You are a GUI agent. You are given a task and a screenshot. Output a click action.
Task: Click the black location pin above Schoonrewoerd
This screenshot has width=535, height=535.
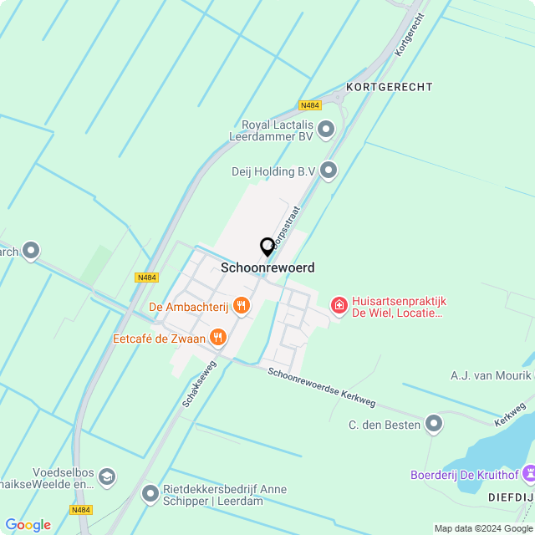pyautogui.click(x=267, y=247)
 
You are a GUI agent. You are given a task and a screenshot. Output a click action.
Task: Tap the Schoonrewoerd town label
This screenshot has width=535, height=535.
pyautogui.click(x=267, y=267)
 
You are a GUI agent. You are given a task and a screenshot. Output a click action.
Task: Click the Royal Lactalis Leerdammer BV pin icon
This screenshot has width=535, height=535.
pyautogui.click(x=327, y=130)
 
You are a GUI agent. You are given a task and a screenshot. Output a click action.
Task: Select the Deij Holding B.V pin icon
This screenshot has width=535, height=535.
pyautogui.click(x=329, y=171)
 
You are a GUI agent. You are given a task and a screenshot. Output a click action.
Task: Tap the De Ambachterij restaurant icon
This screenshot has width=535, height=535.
pyautogui.click(x=242, y=306)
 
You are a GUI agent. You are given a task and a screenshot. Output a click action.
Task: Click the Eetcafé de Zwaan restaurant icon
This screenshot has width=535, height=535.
pyautogui.click(x=218, y=338)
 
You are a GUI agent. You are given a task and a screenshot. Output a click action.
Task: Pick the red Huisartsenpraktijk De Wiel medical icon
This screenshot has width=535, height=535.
pyautogui.click(x=339, y=307)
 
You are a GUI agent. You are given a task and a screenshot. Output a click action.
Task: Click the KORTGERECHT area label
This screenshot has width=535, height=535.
pyautogui.click(x=389, y=87)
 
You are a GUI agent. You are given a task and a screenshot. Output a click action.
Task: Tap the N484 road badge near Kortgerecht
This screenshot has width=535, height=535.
pyautogui.click(x=309, y=105)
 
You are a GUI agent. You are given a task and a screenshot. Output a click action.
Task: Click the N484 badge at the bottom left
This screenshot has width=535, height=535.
pyautogui.click(x=81, y=509)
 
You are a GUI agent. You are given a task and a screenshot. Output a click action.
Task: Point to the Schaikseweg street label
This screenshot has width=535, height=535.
pyautogui.click(x=199, y=384)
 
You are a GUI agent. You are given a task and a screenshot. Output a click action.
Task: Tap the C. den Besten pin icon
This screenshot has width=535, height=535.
pyautogui.click(x=434, y=425)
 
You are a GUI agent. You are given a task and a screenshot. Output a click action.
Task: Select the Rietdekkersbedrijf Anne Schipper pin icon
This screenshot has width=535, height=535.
pyautogui.click(x=150, y=494)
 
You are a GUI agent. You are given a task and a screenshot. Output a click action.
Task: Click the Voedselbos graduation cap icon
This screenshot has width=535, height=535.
pyautogui.click(x=106, y=477)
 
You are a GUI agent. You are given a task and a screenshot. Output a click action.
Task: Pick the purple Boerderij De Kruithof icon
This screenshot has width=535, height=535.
pyautogui.click(x=529, y=474)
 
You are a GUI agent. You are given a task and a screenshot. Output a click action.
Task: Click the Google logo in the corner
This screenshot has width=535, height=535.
pyautogui.click(x=28, y=525)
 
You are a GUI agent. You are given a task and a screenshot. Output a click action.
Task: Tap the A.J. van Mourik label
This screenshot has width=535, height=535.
pyautogui.click(x=490, y=376)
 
